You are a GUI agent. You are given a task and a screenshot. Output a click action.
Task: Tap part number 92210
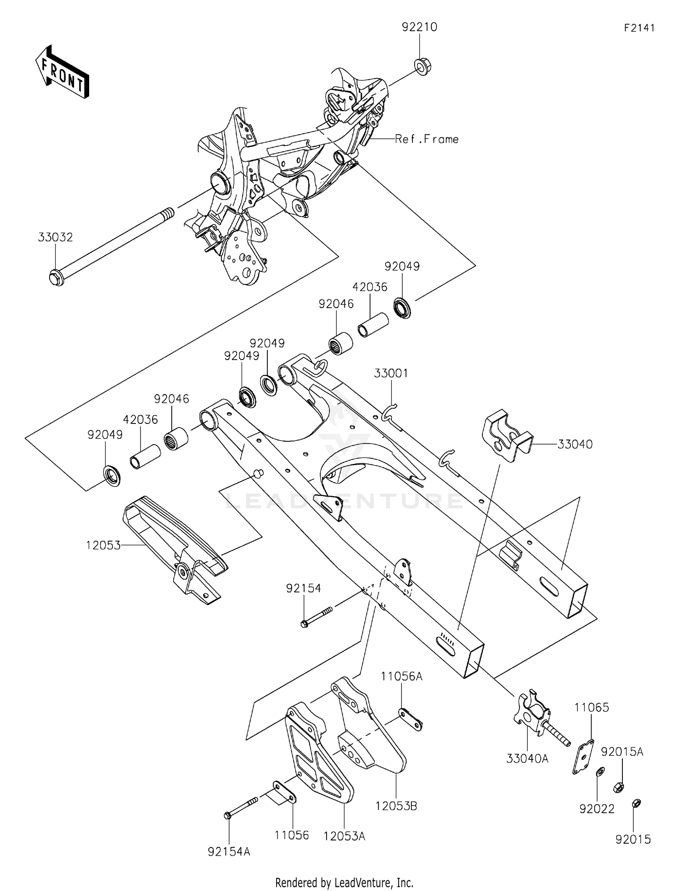(419, 27)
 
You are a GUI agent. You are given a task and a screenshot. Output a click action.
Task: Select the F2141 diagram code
(639, 28)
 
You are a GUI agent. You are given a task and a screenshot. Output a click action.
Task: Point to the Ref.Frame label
(427, 139)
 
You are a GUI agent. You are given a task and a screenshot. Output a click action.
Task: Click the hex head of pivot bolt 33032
(56, 277)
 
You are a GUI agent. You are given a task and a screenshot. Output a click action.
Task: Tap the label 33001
(390, 373)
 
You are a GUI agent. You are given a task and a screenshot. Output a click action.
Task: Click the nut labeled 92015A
(618, 787)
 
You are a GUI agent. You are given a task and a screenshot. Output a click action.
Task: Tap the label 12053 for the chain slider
(103, 545)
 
